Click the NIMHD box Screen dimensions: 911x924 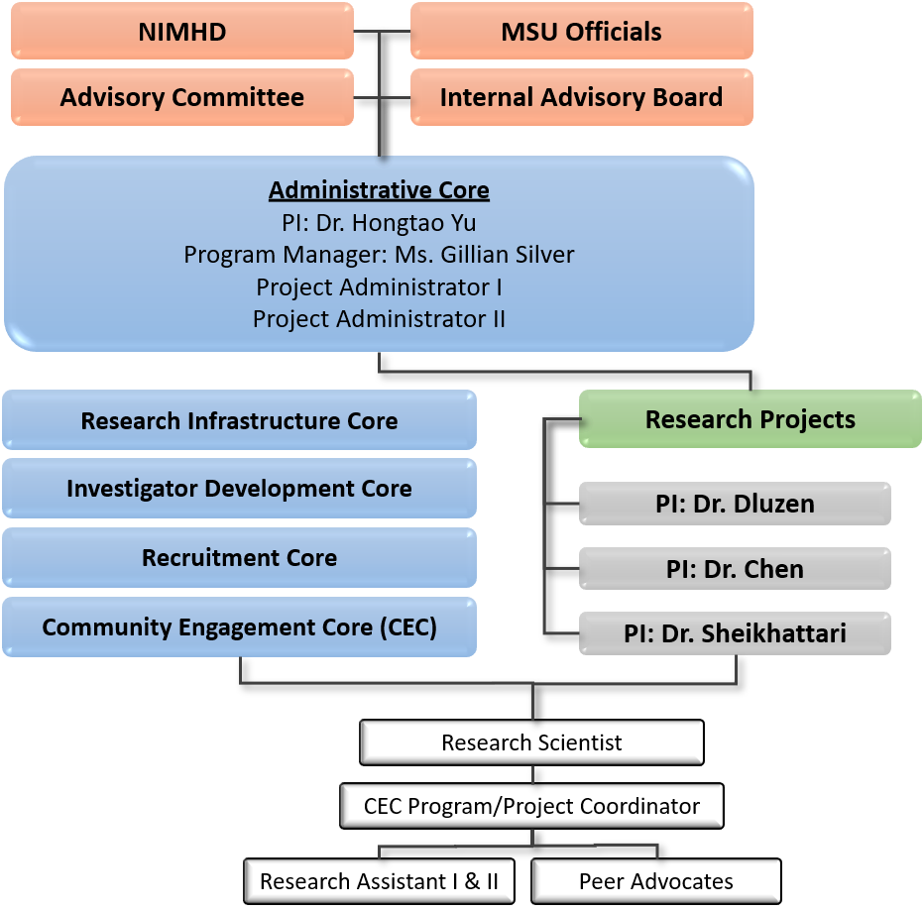click(182, 32)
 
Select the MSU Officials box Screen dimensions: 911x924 click(581, 32)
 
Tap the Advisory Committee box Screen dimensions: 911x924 click(182, 97)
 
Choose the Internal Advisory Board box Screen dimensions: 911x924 click(581, 97)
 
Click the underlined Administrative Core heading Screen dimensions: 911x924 click(379, 190)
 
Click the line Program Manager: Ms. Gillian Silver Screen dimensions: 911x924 click(379, 255)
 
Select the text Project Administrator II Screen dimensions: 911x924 click(379, 319)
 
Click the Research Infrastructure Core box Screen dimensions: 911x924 click(239, 420)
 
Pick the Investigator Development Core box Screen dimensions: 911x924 click(239, 489)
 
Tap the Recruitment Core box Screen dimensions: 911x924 click(239, 557)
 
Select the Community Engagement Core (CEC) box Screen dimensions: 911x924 click(239, 626)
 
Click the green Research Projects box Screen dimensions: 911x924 click(750, 419)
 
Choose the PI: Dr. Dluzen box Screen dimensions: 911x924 click(735, 504)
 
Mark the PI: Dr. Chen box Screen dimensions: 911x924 click(735, 569)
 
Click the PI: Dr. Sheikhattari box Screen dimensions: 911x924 click(735, 633)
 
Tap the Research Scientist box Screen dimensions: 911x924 click(531, 742)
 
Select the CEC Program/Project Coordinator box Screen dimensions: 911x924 click(531, 806)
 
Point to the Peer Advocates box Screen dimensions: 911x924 click(655, 881)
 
